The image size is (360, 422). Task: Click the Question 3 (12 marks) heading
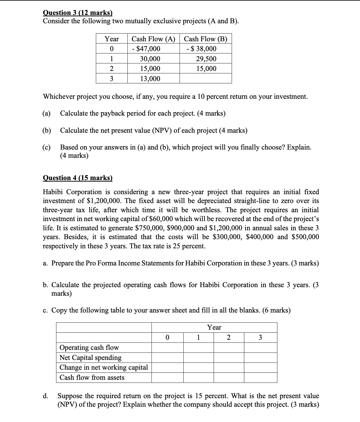click(x=77, y=13)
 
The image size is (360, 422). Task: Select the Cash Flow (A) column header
click(x=153, y=39)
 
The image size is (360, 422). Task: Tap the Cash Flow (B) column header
click(x=205, y=39)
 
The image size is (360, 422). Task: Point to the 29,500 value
click(x=206, y=59)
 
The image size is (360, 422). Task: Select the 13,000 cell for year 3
click(x=150, y=79)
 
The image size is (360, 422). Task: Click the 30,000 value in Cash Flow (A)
click(x=150, y=59)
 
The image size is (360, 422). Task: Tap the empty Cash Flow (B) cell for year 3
click(x=205, y=79)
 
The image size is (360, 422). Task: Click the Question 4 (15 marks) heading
click(x=77, y=178)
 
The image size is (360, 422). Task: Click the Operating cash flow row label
click(x=89, y=347)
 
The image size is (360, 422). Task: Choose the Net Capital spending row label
click(x=90, y=357)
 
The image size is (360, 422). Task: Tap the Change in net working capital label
click(x=103, y=367)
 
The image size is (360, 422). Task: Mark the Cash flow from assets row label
click(x=92, y=377)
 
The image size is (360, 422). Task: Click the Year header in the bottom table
click(x=214, y=328)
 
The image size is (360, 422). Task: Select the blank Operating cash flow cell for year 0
click(x=167, y=347)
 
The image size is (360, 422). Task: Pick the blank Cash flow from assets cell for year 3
click(x=260, y=377)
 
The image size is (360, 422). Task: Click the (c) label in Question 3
click(x=46, y=147)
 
